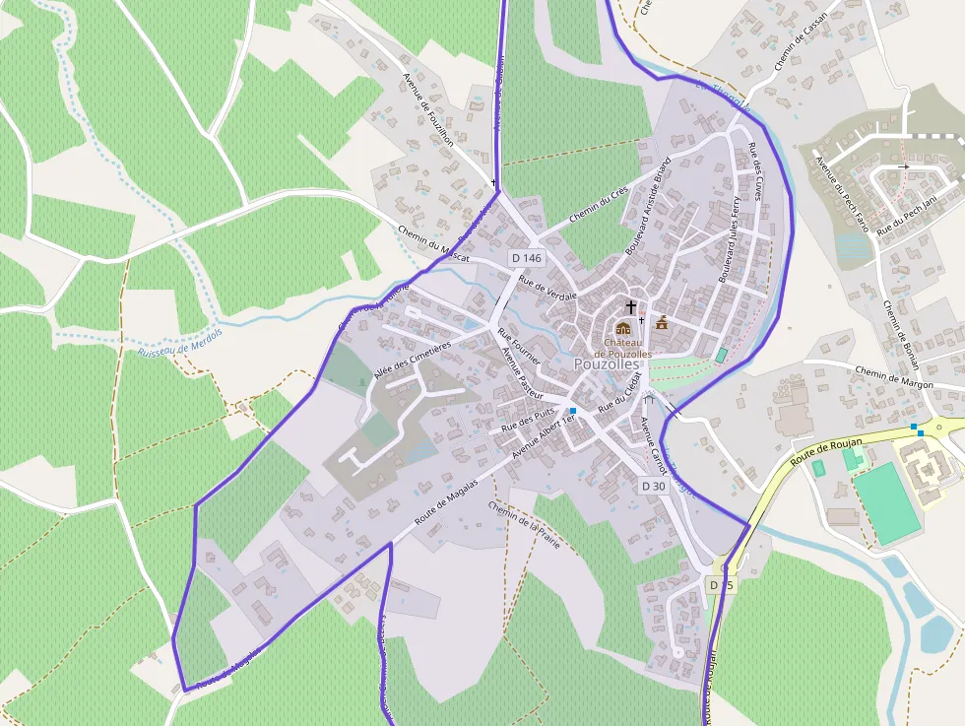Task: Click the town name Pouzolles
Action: tap(607, 364)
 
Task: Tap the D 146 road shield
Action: tap(526, 258)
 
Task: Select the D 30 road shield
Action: tap(654, 486)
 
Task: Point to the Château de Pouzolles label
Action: tap(621, 348)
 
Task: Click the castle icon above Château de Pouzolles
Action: tap(622, 329)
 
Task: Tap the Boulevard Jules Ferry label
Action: tap(729, 239)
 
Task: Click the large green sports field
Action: tap(886, 502)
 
